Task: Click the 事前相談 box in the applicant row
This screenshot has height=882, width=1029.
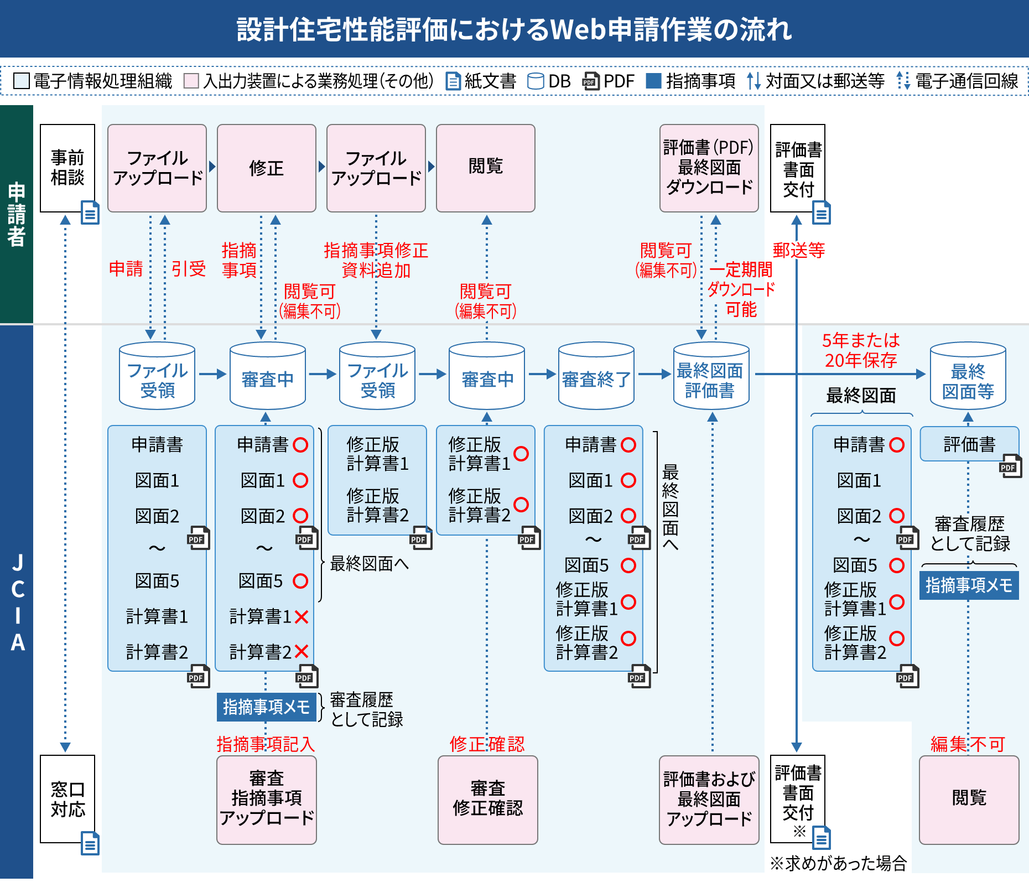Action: [67, 168]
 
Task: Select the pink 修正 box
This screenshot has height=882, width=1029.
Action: [266, 168]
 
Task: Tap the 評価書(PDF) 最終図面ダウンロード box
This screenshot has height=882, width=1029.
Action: [709, 168]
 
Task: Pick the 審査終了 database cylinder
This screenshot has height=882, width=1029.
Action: [596, 376]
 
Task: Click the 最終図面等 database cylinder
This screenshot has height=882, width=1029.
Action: [968, 376]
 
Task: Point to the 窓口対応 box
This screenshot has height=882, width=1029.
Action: [67, 798]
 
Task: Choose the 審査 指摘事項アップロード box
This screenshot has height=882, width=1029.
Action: [266, 800]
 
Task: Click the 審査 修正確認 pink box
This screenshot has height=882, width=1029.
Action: [487, 800]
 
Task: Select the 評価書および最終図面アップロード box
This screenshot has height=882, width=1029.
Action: [709, 800]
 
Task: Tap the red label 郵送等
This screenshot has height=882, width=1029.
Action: [798, 251]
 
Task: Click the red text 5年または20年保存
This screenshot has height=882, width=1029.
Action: [860, 350]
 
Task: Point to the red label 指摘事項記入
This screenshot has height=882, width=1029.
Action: [266, 744]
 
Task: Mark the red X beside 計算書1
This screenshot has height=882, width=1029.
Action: [302, 616]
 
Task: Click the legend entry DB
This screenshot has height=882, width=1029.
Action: [549, 81]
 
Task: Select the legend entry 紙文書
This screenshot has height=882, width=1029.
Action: [481, 81]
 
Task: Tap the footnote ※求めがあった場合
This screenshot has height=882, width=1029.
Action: [838, 863]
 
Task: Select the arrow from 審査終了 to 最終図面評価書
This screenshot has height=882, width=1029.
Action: [654, 374]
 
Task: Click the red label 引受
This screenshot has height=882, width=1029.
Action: [188, 269]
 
